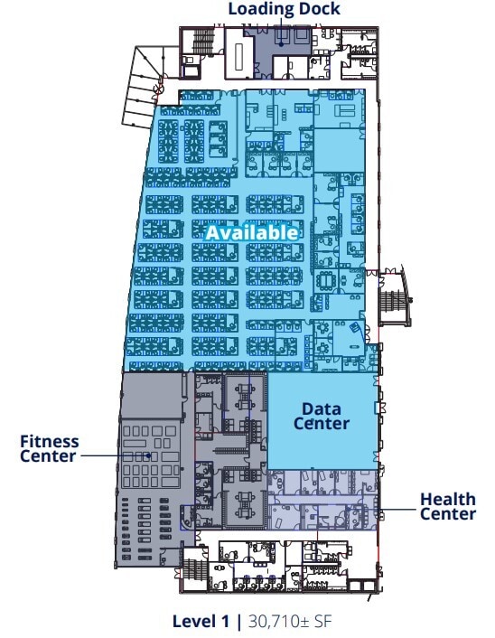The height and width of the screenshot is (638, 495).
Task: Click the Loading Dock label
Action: tap(284, 8)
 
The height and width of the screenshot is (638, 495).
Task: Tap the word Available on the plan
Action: tap(252, 233)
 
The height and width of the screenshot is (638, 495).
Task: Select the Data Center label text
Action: tap(322, 417)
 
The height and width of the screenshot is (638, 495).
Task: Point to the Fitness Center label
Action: tap(49, 448)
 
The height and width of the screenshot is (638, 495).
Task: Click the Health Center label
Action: tap(447, 506)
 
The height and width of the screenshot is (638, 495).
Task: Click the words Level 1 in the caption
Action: tap(201, 622)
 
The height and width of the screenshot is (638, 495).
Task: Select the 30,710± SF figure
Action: tap(290, 622)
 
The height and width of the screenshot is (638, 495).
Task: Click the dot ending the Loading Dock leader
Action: tap(281, 44)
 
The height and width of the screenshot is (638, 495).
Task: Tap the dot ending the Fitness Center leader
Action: tap(149, 455)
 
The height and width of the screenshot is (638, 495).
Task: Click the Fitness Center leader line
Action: tap(115, 455)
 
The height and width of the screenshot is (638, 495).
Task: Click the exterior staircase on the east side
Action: tap(393, 300)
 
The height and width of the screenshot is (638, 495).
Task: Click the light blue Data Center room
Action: tap(322, 421)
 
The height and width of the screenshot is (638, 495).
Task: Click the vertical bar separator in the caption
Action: tap(238, 622)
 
